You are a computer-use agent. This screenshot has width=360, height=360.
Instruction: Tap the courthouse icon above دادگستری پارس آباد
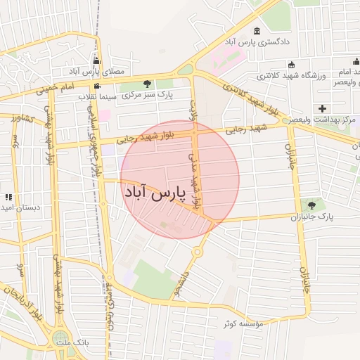(257, 32)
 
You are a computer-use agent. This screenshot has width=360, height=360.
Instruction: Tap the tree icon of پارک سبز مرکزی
(146, 84)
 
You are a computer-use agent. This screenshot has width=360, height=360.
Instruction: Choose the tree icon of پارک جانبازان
(311, 206)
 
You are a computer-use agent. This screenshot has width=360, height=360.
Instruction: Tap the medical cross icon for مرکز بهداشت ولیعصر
(322, 108)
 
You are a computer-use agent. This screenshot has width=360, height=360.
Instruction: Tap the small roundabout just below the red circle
(198, 251)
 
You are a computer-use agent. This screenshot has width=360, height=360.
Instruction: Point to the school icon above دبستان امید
(8, 197)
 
